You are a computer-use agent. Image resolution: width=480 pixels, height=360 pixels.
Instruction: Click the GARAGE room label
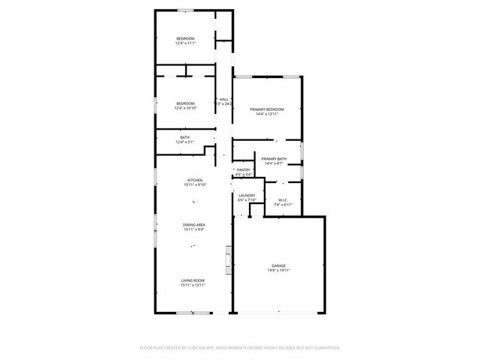(278, 265)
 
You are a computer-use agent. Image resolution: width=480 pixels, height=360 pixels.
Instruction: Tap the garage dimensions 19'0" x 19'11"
(278, 271)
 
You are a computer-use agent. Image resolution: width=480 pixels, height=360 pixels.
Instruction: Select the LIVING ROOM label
(193, 280)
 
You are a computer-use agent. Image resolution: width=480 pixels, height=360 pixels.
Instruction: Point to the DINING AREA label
(194, 225)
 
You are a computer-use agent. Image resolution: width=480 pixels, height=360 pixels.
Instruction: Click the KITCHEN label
(195, 180)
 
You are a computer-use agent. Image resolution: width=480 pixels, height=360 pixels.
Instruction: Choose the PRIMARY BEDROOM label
(266, 109)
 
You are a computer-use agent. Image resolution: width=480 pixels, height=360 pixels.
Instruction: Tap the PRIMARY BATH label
(274, 158)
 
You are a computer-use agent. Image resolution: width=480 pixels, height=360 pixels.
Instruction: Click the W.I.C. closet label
(282, 199)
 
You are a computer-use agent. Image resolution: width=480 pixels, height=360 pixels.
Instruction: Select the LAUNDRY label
(247, 195)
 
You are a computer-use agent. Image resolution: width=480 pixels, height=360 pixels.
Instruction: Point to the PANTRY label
(244, 170)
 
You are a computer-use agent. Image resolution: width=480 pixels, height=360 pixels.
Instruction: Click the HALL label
(223, 99)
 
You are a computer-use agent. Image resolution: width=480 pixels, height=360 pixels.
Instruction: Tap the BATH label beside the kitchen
(184, 137)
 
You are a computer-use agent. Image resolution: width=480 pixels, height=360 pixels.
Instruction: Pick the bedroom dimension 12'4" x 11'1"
(185, 43)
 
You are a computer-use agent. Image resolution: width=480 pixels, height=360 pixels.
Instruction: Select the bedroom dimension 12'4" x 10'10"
(185, 108)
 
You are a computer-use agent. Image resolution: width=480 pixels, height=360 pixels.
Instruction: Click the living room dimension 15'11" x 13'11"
(193, 286)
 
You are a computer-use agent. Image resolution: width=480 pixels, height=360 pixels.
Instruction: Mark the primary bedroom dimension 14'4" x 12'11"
(266, 115)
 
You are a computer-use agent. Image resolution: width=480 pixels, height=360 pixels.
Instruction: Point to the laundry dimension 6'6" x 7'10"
(247, 200)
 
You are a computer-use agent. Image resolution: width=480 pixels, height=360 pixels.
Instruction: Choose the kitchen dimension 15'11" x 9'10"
(195, 185)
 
